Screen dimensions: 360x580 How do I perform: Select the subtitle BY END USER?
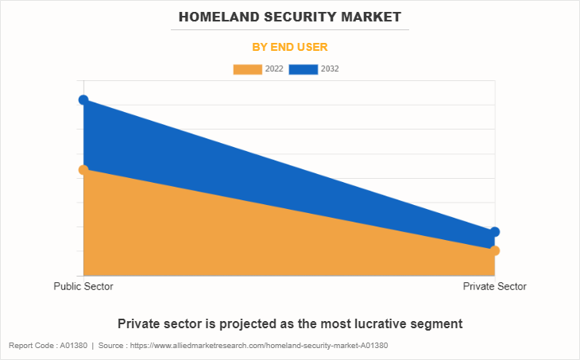click(x=290, y=47)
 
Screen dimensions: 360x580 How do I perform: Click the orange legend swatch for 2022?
click(x=247, y=69)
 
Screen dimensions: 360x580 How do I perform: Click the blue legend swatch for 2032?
click(x=304, y=69)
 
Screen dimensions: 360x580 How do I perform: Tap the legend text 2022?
click(x=274, y=69)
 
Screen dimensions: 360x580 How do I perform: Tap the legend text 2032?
click(x=330, y=69)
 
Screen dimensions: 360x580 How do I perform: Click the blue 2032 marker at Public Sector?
click(x=83, y=99)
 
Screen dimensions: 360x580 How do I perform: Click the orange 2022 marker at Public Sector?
click(x=83, y=170)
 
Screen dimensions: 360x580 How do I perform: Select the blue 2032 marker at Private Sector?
click(x=494, y=232)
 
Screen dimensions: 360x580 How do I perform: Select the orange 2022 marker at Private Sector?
click(x=494, y=251)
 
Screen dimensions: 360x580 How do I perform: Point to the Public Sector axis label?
click(x=83, y=286)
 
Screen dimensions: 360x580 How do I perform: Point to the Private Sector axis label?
click(x=494, y=286)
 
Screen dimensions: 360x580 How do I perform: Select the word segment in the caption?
click(x=435, y=323)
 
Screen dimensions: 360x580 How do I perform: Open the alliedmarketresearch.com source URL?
click(x=262, y=346)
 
